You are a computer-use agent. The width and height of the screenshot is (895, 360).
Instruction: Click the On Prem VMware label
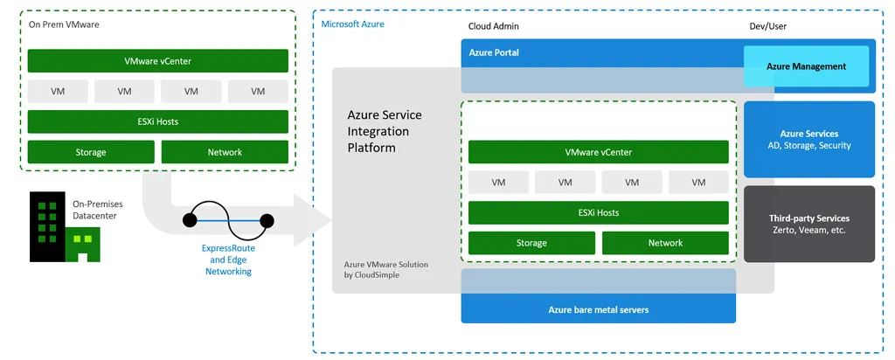(x=64, y=24)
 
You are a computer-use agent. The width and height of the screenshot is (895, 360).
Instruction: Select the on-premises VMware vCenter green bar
(x=157, y=61)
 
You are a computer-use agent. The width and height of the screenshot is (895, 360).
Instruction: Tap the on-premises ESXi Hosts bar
(x=157, y=121)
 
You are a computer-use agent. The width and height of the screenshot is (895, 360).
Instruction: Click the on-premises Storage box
(x=91, y=152)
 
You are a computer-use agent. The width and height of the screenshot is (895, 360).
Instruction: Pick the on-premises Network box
(x=225, y=152)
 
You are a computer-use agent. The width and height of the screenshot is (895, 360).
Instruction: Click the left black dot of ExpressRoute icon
(x=190, y=220)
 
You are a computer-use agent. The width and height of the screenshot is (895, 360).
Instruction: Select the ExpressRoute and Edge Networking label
(x=228, y=260)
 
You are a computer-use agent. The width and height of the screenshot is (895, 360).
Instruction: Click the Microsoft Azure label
(x=352, y=24)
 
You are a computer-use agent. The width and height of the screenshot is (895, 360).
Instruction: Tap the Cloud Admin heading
(x=493, y=26)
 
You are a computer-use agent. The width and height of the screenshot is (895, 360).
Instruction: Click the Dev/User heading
(x=767, y=26)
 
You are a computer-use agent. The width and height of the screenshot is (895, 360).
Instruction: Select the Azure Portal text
(x=494, y=52)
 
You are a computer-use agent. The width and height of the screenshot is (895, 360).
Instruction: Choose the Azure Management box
(x=806, y=66)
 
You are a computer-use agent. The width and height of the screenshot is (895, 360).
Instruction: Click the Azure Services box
(x=808, y=140)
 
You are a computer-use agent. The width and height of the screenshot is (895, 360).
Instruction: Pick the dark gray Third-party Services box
(x=808, y=224)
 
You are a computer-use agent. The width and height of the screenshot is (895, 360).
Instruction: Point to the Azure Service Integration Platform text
(x=385, y=131)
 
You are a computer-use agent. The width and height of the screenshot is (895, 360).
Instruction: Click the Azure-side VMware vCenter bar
(x=598, y=152)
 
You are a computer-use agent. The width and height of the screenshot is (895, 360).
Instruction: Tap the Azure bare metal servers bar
(x=598, y=309)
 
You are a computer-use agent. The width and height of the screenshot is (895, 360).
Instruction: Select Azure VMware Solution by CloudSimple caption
(x=385, y=269)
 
